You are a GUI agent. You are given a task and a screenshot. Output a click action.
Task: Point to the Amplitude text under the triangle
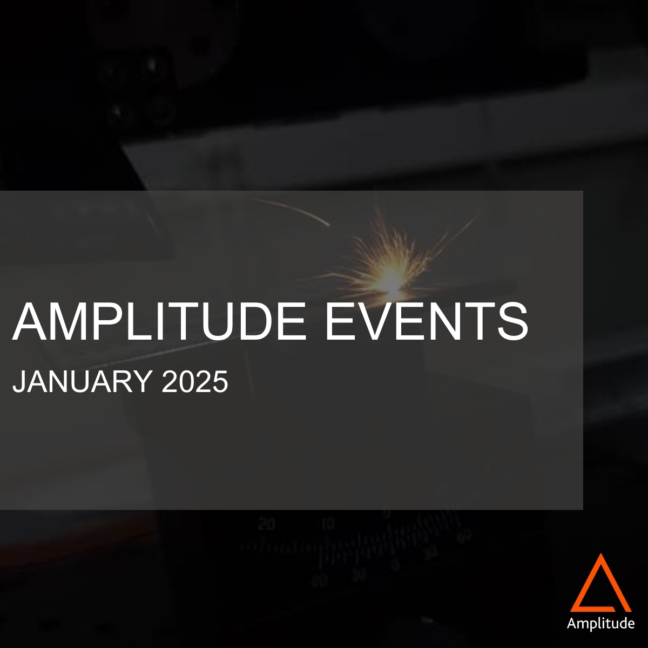point(600,624)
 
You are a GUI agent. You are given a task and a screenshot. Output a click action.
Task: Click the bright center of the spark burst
point(390,278)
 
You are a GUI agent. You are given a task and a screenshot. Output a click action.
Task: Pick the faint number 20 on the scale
point(266,524)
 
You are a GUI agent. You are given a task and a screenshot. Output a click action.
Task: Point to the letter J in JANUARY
point(18,382)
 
